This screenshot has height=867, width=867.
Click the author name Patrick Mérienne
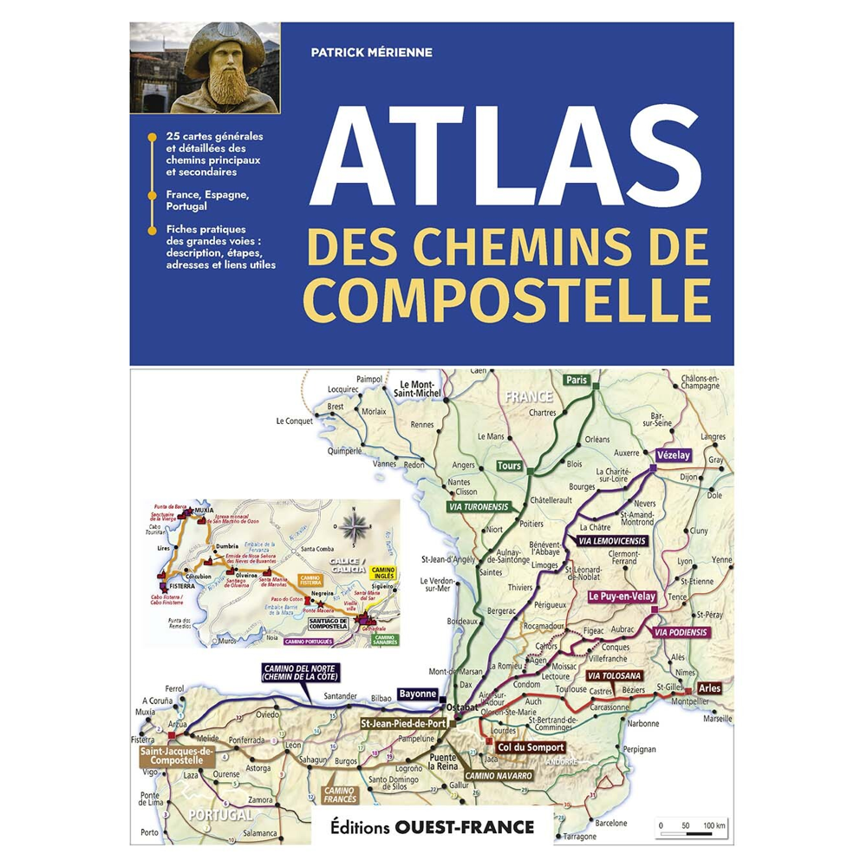click(371, 53)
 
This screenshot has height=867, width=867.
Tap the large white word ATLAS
click(505, 159)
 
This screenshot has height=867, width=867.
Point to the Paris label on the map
click(576, 381)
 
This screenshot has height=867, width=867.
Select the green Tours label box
click(509, 466)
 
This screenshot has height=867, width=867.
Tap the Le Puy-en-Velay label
click(622, 597)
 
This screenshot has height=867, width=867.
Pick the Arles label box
click(708, 688)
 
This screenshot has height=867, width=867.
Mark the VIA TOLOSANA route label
click(614, 675)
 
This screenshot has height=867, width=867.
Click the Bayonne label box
click(417, 694)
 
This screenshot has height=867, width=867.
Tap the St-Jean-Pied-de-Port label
click(403, 723)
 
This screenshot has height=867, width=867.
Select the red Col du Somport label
click(531, 747)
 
